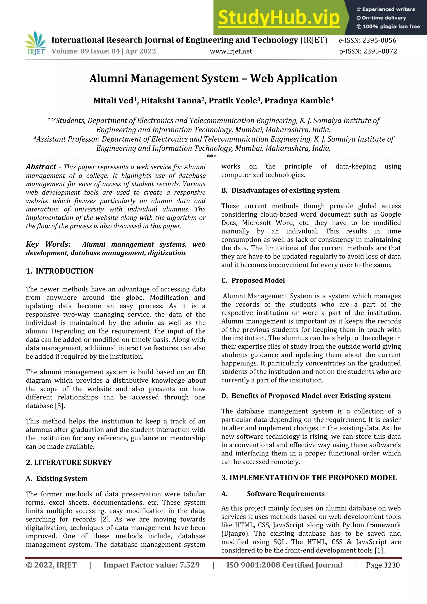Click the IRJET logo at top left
[36, 43]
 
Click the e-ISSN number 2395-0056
[379, 40]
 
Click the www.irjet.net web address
[231, 51]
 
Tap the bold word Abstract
[41, 167]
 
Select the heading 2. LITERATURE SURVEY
[69, 462]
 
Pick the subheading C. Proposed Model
[253, 280]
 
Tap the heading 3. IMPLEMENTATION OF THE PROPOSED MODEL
[309, 478]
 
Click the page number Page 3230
[383, 565]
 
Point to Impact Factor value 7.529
[152, 565]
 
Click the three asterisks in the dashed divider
[212, 157]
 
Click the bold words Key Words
[47, 244]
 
